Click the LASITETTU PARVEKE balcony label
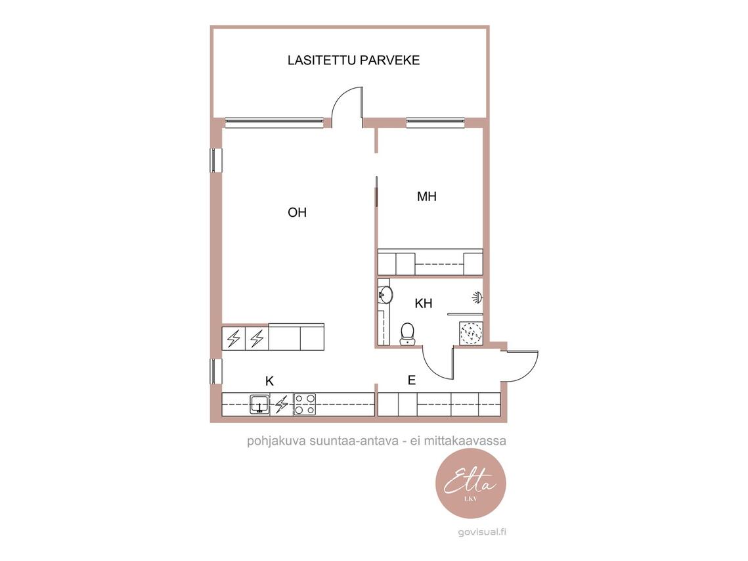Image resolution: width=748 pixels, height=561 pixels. pyautogui.click(x=353, y=60)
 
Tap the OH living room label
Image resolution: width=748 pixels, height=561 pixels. pyautogui.click(x=297, y=212)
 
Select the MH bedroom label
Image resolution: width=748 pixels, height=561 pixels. pyautogui.click(x=426, y=196)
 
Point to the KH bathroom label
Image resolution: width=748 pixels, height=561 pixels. pyautogui.click(x=423, y=303)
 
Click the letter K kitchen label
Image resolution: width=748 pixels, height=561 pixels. pyautogui.click(x=269, y=381)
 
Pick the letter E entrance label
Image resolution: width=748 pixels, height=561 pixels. pyautogui.click(x=412, y=380)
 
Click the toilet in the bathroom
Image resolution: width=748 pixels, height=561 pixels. pyautogui.click(x=407, y=334)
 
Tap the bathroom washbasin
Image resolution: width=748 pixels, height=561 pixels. pyautogui.click(x=385, y=294)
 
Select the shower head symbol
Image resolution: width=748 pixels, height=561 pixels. pyautogui.click(x=477, y=297)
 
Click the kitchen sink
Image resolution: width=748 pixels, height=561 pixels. pyautogui.click(x=259, y=405)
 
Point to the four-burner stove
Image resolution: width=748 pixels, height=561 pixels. pyautogui.click(x=304, y=404)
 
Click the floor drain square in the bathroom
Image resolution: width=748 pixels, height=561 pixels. pyautogui.click(x=472, y=333)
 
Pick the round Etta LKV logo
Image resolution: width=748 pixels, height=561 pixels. pyautogui.click(x=471, y=483)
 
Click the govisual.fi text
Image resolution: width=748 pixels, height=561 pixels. pyautogui.click(x=482, y=532)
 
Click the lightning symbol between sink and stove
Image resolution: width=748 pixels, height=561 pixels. pyautogui.click(x=282, y=404)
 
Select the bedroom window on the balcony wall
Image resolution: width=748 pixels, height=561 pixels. pyautogui.click(x=435, y=123)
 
